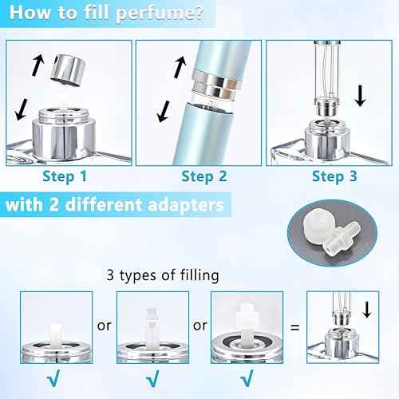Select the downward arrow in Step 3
point(360,97)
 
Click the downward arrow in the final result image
point(366,308)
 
